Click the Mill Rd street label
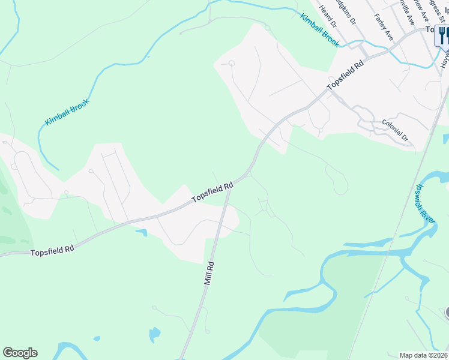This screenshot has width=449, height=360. [209, 272]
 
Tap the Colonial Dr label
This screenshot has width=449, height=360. [394, 130]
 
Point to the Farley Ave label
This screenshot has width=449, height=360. [383, 27]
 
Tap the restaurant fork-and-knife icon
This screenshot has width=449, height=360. [443, 35]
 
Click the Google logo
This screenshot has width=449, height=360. [20, 353]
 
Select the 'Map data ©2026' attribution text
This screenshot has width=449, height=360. [423, 355]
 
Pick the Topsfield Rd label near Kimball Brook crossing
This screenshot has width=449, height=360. [346, 75]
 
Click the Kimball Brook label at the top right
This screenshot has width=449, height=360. [320, 31]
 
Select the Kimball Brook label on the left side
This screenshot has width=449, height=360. [67, 112]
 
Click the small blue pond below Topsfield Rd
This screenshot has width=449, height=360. [142, 232]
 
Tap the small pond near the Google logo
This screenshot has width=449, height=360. [154, 333]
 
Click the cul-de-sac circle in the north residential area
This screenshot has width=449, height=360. [231, 62]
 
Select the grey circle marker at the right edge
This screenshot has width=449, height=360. [447, 313]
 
